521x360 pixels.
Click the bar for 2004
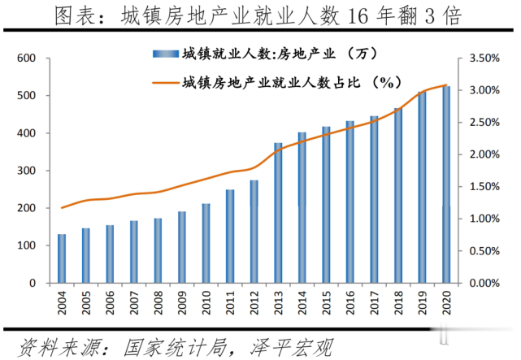coord(62,258)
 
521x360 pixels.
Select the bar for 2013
coord(278,213)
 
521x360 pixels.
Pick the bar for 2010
coord(206,243)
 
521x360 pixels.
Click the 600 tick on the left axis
coord(27,59)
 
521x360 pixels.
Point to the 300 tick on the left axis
coord(27,171)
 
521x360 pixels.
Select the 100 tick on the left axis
coord(27,245)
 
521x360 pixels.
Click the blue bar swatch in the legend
coord(163,54)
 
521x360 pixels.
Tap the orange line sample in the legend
coord(163,82)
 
